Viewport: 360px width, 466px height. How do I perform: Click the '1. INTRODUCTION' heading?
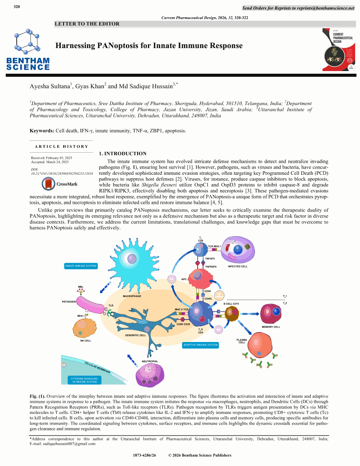[123, 154]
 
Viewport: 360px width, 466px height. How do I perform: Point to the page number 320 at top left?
[17, 7]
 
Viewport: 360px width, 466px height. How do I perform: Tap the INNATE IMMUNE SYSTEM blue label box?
[81, 266]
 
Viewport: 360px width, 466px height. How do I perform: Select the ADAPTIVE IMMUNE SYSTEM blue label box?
[201, 345]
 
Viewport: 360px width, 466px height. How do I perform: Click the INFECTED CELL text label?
[237, 267]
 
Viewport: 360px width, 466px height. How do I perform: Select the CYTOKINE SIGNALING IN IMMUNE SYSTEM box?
[84, 380]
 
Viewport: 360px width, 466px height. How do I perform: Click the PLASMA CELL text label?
[242, 341]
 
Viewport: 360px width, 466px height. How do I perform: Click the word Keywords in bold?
[42, 131]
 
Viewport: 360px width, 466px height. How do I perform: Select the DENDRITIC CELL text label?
[135, 335]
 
